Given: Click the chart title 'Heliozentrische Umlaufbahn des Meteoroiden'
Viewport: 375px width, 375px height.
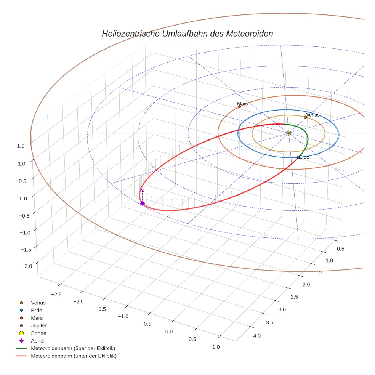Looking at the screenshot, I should coord(187,34).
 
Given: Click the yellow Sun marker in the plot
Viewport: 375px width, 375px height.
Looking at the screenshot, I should coord(288,133).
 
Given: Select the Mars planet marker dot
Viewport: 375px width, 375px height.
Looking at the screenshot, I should coord(239,107).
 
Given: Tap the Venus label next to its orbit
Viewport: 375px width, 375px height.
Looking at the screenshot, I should coord(313,115).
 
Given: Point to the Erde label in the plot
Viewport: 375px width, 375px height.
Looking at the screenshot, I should coord(304,157).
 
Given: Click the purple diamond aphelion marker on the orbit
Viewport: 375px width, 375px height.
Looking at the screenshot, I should coord(143,203).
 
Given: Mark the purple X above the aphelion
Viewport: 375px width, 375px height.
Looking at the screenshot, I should coord(142,190).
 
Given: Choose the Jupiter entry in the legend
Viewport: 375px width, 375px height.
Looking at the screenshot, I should coord(39,325).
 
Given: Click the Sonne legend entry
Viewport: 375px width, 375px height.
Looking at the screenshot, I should coord(38,333).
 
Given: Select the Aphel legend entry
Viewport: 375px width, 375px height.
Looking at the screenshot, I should coord(38,341).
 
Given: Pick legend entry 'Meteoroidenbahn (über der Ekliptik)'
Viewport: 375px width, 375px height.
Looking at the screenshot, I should coord(73,348).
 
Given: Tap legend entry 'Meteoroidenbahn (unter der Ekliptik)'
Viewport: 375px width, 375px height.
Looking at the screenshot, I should coord(74,356).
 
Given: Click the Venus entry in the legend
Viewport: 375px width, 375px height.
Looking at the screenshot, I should coord(38,303).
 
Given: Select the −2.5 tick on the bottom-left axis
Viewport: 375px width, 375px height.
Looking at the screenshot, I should coord(56,294).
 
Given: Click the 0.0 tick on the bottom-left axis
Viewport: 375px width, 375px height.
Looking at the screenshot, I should coord(168,332).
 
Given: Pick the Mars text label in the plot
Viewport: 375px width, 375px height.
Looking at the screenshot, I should coord(242,103).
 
